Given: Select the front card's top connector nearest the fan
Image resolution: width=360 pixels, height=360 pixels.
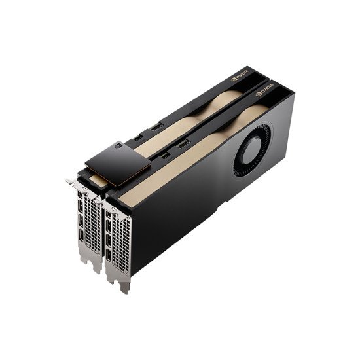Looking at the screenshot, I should click(x=183, y=142).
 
